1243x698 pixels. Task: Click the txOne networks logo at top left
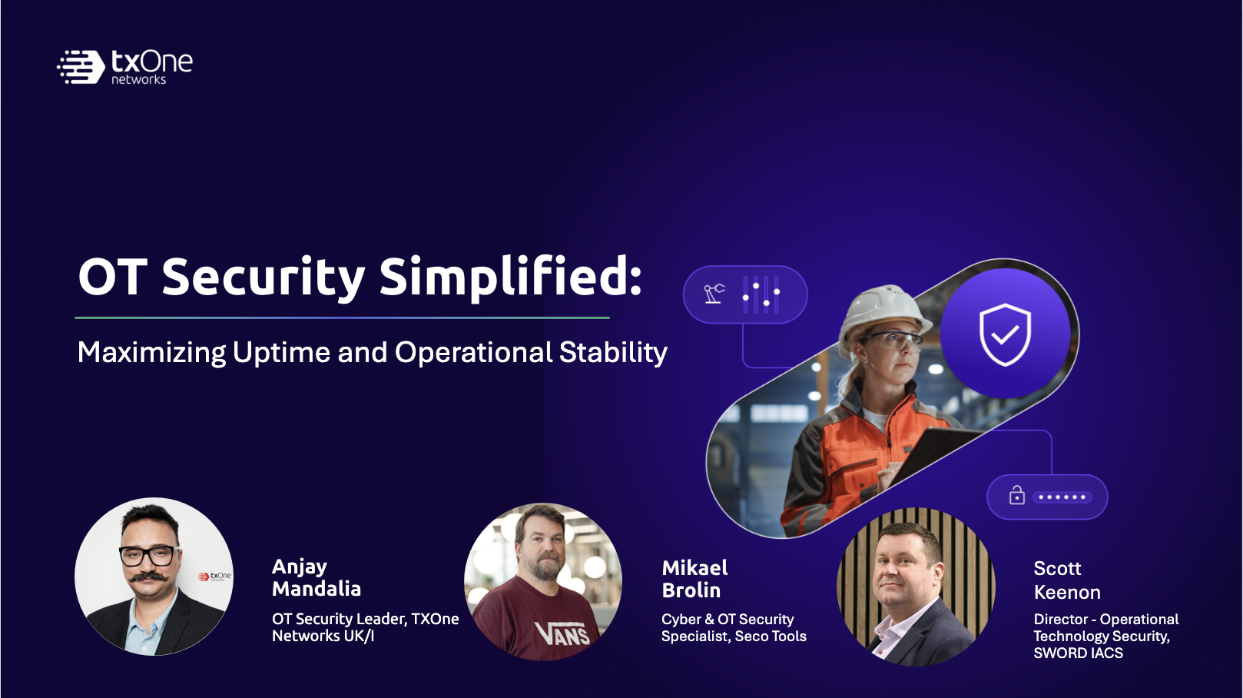125,67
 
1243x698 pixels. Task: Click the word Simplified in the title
511,278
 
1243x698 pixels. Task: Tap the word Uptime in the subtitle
281,353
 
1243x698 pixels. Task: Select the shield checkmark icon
1005,334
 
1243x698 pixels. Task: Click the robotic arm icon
714,293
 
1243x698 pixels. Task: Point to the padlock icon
1016,495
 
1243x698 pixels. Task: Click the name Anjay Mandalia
317,577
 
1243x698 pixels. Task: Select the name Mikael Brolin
694,579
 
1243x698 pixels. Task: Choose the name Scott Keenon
1067,580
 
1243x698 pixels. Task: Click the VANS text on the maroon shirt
562,633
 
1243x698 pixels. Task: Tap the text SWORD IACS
1078,653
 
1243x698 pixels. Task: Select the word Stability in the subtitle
613,353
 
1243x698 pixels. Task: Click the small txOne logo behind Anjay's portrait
215,577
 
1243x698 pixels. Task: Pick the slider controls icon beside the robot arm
761,294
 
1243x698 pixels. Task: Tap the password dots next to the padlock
1062,497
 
